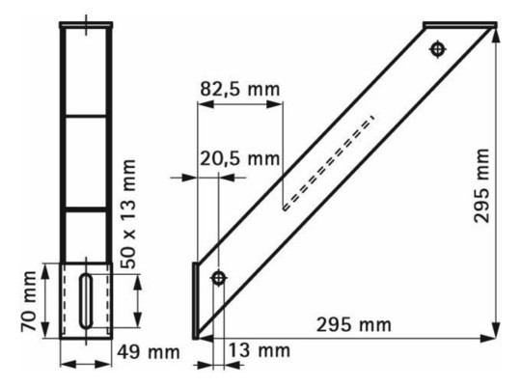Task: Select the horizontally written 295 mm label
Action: pos(352,325)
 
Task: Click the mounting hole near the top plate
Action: pos(439,47)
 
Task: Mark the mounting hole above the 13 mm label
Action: pos(218,279)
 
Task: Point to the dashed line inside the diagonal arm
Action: pos(329,163)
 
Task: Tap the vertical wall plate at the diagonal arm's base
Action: pos(196,299)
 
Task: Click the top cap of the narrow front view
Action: pos(89,24)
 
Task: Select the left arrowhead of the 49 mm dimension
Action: pos(64,363)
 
